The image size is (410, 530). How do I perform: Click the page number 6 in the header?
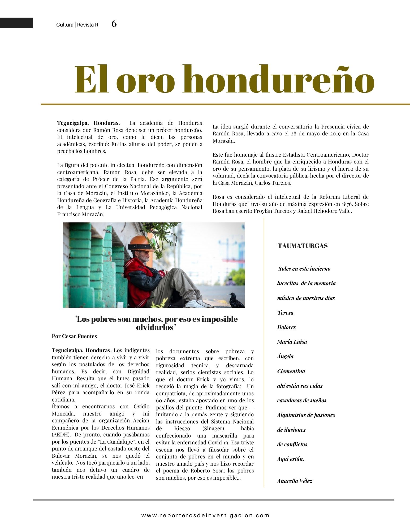tap(114, 24)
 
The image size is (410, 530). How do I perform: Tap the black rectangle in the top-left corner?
tap(16, 23)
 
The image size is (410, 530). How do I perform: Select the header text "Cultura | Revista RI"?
tap(78, 25)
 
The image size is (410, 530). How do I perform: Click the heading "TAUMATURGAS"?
tap(303, 246)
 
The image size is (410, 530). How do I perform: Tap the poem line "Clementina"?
tap(291, 371)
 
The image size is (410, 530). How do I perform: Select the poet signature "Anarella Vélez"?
tap(295, 481)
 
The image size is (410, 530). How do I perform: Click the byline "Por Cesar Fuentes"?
tap(74, 336)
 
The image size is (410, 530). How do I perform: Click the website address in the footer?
tap(205, 515)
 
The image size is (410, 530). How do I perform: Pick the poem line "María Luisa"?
tap(292, 342)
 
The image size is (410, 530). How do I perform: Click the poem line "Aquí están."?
tap(291, 459)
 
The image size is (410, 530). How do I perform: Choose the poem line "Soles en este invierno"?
tap(304, 269)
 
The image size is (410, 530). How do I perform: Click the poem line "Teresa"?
tap(285, 313)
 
